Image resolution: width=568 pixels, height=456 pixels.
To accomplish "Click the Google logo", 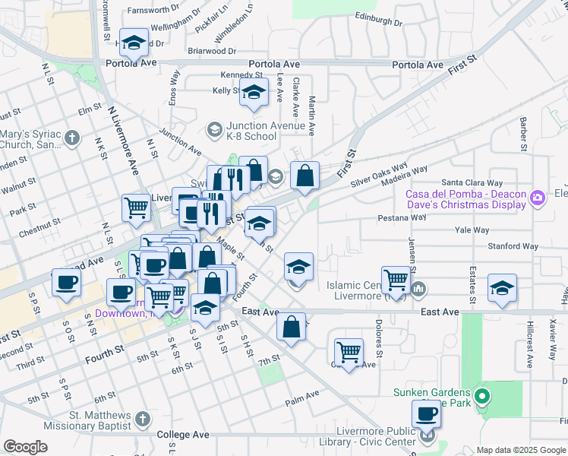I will click(x=25, y=447).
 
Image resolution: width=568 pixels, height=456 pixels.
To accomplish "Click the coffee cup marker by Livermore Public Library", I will click(x=426, y=414).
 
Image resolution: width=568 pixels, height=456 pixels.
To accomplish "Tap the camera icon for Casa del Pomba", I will click(x=538, y=198).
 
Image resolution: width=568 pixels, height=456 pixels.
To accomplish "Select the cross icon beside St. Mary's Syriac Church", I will click(x=71, y=138).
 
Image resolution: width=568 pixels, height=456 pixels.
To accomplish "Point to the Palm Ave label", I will click(x=302, y=396).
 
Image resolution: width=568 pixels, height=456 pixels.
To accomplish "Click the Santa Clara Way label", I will click(x=472, y=183).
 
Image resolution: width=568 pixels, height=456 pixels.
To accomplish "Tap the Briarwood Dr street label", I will click(x=212, y=51).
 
